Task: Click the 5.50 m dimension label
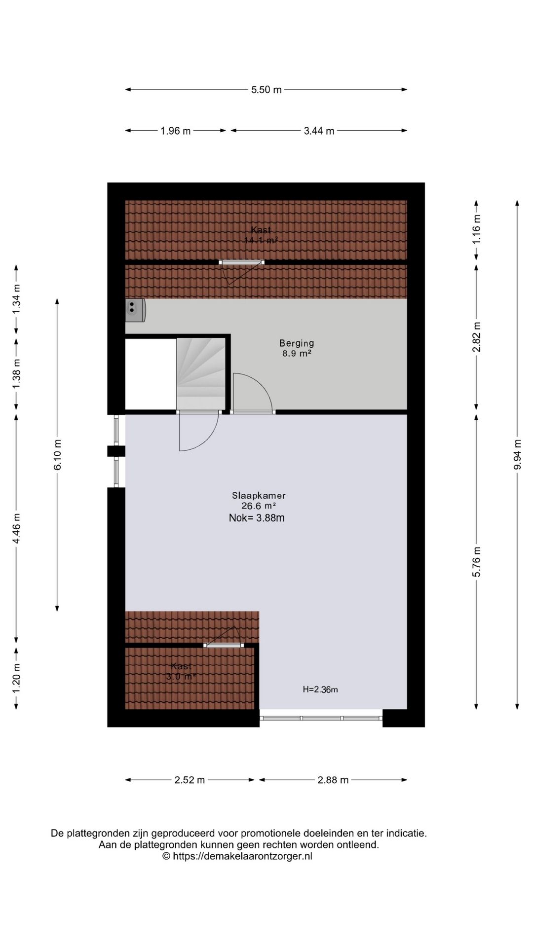click(x=266, y=90)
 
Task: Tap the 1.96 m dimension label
click(x=176, y=131)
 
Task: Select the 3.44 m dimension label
click(x=319, y=131)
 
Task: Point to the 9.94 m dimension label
click(x=517, y=454)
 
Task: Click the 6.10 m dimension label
click(x=58, y=454)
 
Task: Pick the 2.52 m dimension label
click(x=190, y=780)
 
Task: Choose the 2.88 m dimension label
click(x=333, y=780)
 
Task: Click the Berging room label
click(x=297, y=343)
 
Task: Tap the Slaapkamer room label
click(x=259, y=496)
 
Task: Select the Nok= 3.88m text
click(x=257, y=518)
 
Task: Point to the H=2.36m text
click(x=320, y=690)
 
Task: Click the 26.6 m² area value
click(x=258, y=506)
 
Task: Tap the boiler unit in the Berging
click(x=135, y=310)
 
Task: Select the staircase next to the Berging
click(x=201, y=373)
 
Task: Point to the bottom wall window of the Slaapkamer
click(x=321, y=718)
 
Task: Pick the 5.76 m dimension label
click(x=477, y=562)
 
